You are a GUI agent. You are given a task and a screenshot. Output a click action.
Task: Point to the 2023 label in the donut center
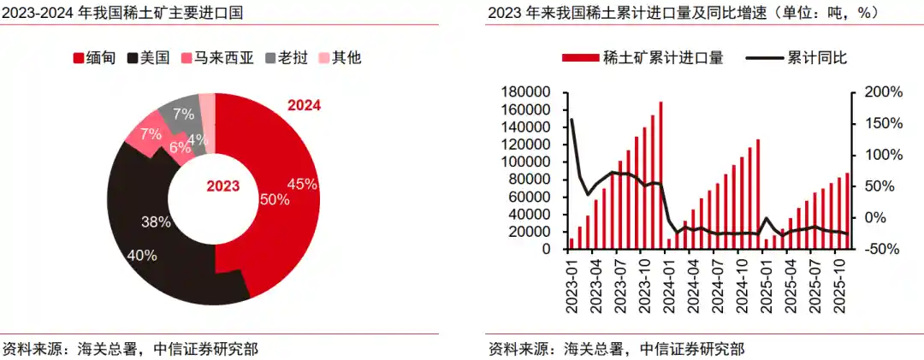[223, 186]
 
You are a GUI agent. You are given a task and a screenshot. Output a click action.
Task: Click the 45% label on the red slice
[302, 184]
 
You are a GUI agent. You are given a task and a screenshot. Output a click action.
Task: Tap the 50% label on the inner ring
[275, 199]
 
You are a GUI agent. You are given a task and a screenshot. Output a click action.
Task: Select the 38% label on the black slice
[156, 221]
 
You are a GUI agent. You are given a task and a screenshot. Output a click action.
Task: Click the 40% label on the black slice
[141, 255]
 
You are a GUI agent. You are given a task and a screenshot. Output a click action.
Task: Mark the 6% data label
[180, 147]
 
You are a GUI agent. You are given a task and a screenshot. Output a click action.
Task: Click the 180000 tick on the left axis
[525, 92]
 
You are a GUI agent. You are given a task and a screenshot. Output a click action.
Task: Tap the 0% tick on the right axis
[869, 218]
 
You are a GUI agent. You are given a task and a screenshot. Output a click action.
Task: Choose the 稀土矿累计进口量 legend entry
[643, 58]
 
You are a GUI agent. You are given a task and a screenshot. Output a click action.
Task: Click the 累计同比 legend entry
[796, 58]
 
